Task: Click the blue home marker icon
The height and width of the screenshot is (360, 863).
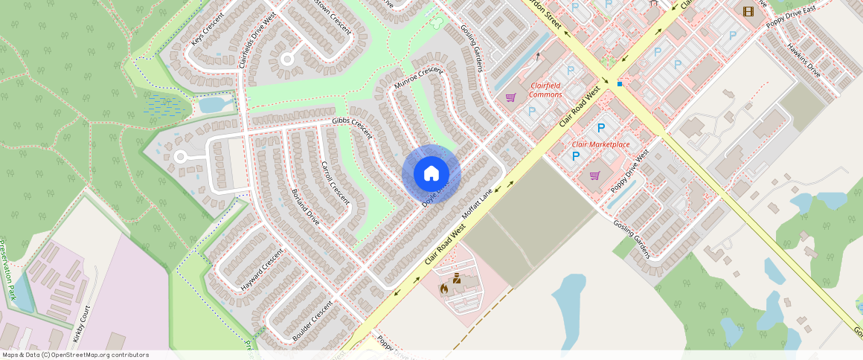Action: click(x=431, y=174)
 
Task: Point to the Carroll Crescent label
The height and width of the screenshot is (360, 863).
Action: click(x=335, y=182)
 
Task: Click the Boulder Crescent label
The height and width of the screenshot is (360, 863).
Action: click(x=312, y=321)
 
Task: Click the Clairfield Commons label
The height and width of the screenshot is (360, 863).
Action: click(x=545, y=90)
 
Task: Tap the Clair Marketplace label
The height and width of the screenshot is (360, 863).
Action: click(x=600, y=144)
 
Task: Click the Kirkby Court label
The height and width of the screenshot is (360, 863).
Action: click(x=83, y=324)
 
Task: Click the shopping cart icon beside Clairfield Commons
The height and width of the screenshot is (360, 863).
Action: click(x=510, y=97)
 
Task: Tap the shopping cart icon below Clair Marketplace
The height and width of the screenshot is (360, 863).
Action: click(x=594, y=176)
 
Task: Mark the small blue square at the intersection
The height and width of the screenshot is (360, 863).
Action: click(x=619, y=84)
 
